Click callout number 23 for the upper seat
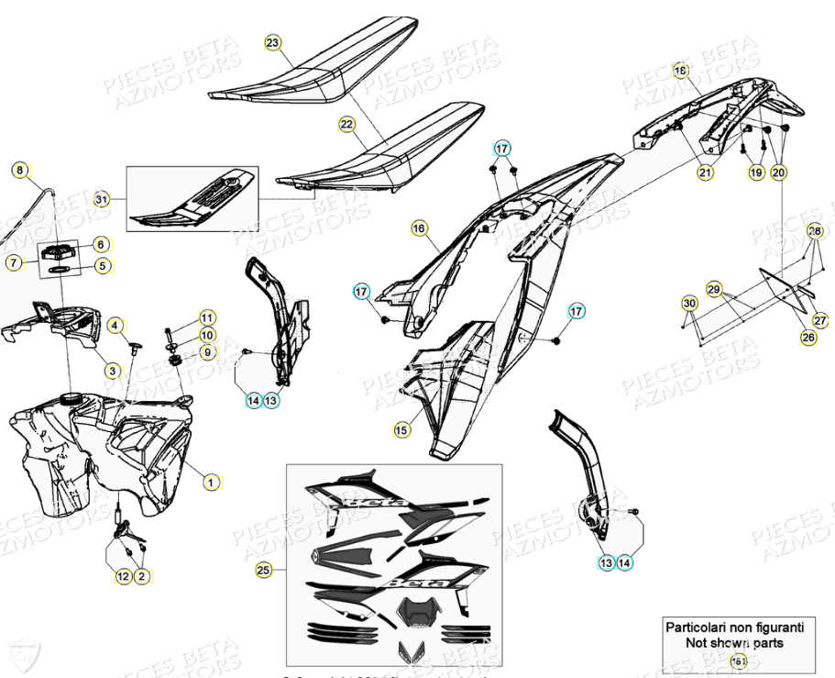click(x=272, y=43)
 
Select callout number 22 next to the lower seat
click(x=346, y=124)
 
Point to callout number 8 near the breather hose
click(x=20, y=170)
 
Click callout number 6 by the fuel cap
click(x=101, y=244)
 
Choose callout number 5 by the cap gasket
click(x=101, y=267)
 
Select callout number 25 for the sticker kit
click(x=263, y=571)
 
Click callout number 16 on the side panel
click(x=419, y=228)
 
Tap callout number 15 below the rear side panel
click(x=401, y=428)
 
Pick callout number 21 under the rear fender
click(x=704, y=172)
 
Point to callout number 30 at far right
click(x=689, y=303)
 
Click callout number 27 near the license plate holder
click(x=819, y=321)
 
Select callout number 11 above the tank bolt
click(x=206, y=317)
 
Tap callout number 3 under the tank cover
click(x=112, y=371)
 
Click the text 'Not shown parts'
click(x=734, y=643)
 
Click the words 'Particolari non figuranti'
click(x=734, y=628)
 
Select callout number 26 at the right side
click(x=808, y=338)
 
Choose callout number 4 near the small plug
click(x=115, y=325)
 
